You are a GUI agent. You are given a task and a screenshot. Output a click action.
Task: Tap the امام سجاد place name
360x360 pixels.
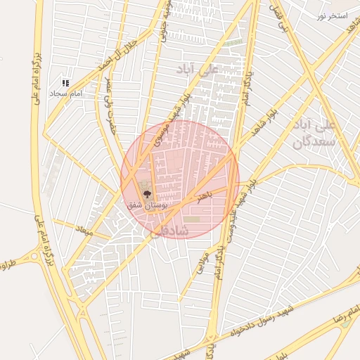[66, 93]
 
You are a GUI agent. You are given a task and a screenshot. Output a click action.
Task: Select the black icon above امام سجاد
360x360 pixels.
[65, 83]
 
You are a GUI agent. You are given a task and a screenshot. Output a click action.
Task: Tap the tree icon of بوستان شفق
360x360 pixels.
[147, 193]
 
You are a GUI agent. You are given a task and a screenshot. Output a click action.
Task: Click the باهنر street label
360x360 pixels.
[203, 198]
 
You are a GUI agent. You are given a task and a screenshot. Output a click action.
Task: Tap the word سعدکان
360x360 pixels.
[310, 143]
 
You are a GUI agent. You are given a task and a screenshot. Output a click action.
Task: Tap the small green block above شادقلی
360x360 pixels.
[192, 219]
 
